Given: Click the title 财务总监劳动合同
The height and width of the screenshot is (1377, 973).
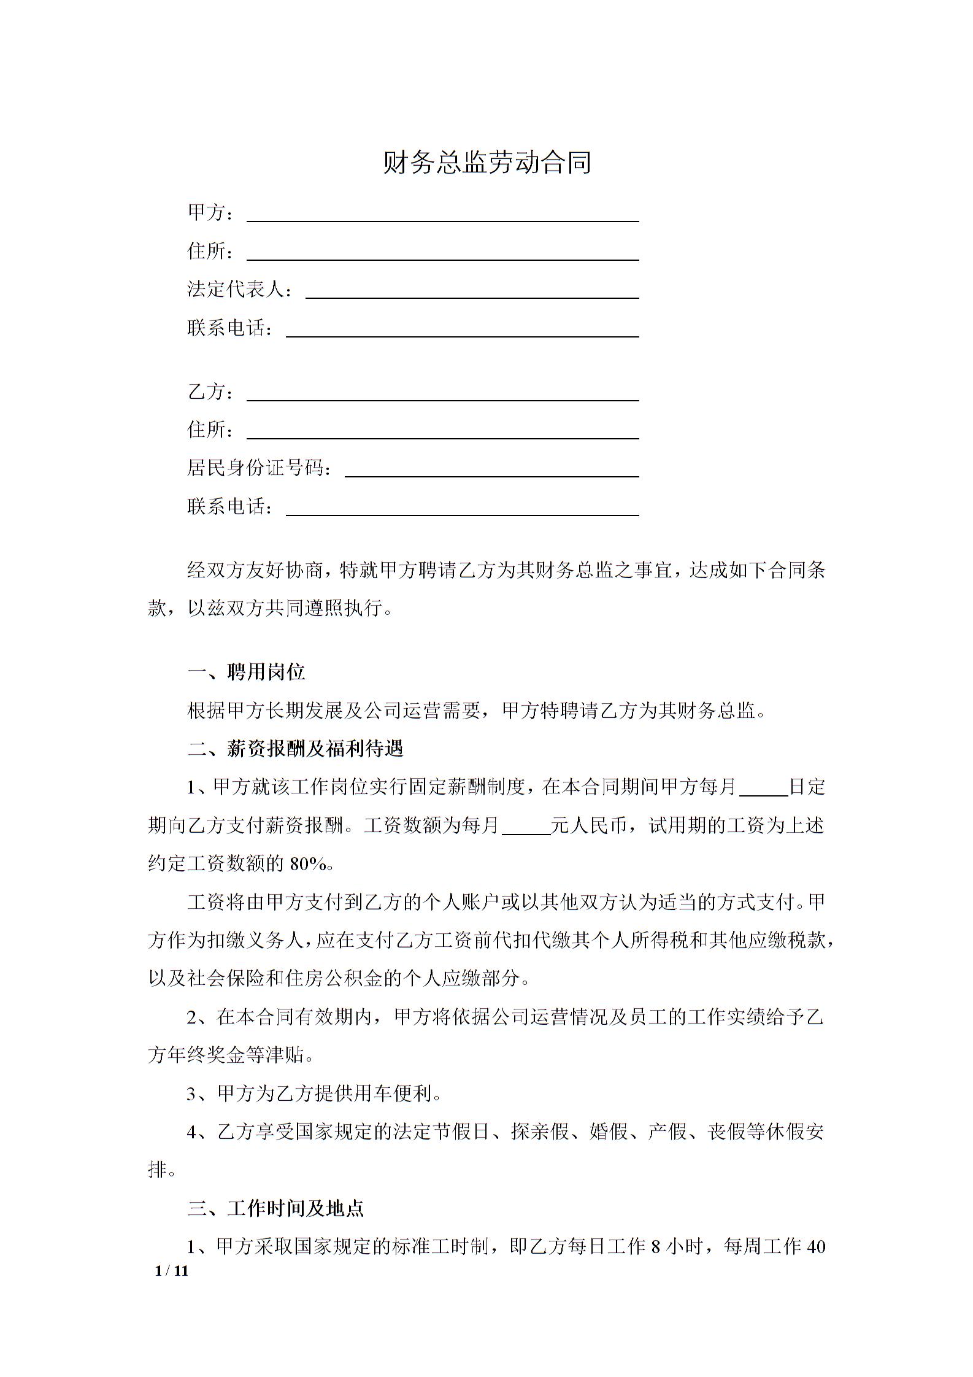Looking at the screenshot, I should tap(486, 163).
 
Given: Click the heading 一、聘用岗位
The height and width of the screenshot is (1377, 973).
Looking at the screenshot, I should tap(246, 673).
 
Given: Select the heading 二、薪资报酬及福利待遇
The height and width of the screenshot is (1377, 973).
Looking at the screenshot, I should tap(295, 749).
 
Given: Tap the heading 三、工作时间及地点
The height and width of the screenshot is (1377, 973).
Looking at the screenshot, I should tap(275, 1208).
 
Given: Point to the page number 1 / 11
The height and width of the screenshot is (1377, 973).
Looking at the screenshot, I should tap(172, 1271).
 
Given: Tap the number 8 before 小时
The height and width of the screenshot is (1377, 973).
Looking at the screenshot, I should tap(655, 1246).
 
